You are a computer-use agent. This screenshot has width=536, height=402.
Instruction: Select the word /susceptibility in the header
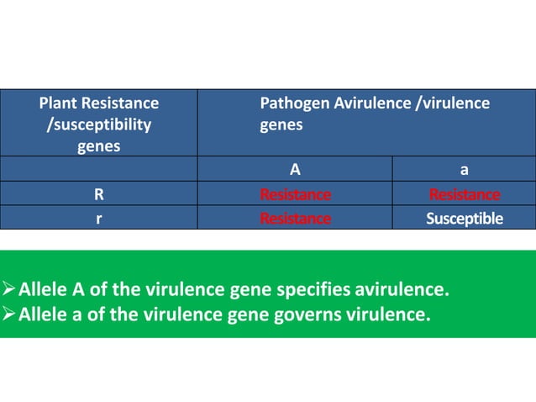[99, 124]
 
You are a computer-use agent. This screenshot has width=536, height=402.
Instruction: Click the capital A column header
[295, 170]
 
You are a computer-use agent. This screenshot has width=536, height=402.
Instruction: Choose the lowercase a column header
[465, 170]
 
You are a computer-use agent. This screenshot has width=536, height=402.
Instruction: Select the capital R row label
[99, 195]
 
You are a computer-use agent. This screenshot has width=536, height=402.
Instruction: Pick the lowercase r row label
[99, 219]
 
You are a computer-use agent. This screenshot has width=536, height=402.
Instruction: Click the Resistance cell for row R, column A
[295, 195]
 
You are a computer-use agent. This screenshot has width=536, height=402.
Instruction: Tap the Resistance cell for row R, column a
[465, 195]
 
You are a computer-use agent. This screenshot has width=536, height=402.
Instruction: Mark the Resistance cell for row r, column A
[295, 219]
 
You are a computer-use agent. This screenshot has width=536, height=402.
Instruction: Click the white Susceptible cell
[465, 219]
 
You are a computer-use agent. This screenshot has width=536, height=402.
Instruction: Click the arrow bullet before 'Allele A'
[9, 292]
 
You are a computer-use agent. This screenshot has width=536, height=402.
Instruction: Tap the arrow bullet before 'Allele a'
[9, 315]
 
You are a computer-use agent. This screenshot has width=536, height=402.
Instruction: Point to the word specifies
[316, 292]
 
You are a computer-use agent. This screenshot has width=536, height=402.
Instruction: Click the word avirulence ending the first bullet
[402, 292]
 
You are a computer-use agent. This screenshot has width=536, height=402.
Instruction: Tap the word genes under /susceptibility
[99, 146]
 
